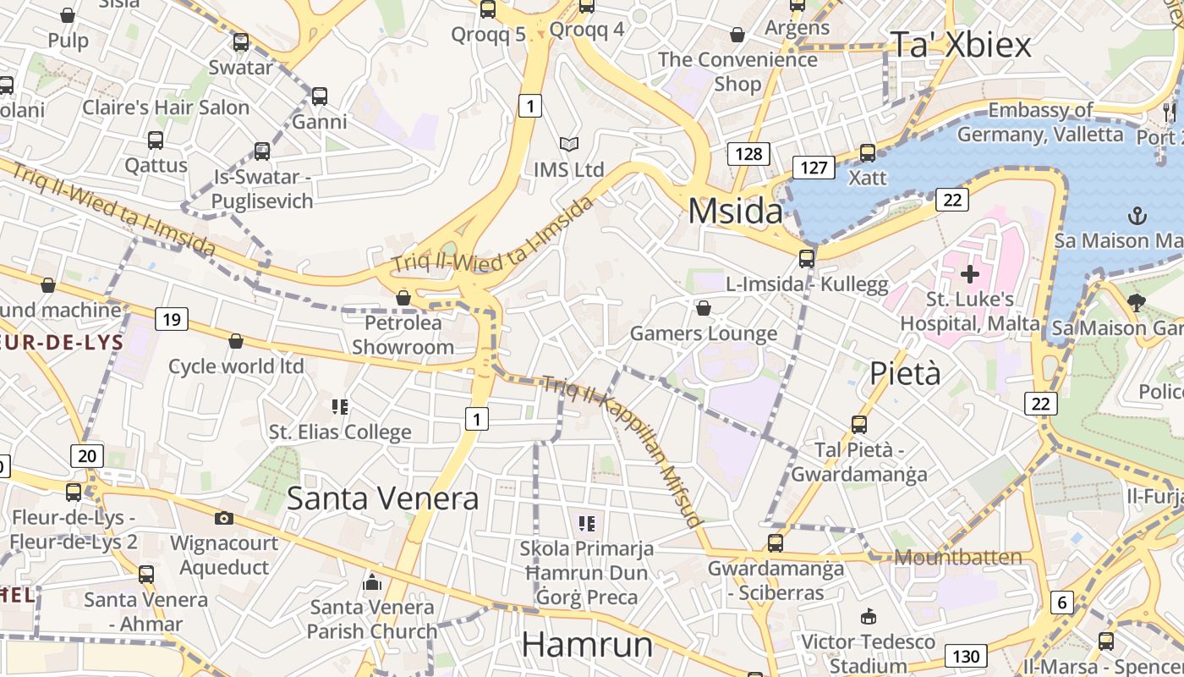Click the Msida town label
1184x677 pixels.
click(735, 211)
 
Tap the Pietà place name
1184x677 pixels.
click(905, 372)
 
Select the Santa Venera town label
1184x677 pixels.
click(382, 498)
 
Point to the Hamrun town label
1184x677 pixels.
click(587, 645)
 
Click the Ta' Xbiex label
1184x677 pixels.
click(961, 45)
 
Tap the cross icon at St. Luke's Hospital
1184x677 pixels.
click(970, 274)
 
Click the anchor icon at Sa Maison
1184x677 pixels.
click(1137, 216)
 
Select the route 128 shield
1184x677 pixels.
click(748, 153)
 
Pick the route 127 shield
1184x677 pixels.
click(813, 167)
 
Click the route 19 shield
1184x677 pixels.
click(171, 319)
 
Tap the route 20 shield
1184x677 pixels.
click(86, 456)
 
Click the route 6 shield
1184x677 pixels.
click(1062, 603)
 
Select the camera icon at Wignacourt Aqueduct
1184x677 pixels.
click(223, 518)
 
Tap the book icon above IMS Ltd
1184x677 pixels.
click(569, 145)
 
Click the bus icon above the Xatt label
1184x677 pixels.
click(868, 153)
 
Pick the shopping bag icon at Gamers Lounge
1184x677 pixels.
click(703, 308)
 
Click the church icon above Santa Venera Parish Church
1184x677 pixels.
click(372, 582)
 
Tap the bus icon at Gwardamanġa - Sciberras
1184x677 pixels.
click(776, 543)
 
